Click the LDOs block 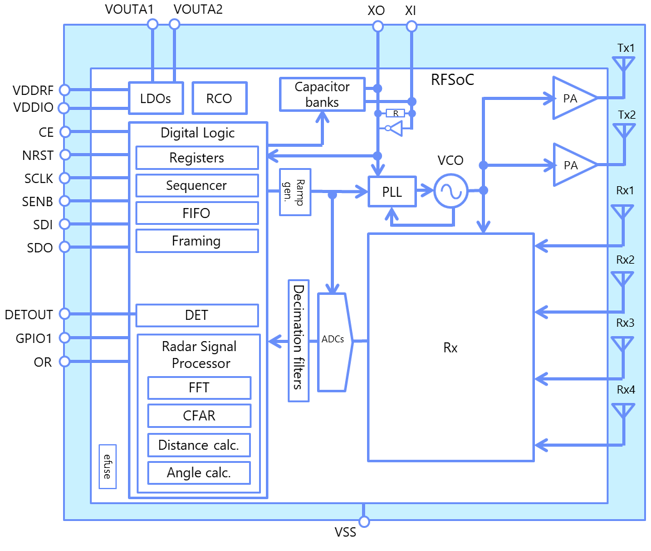tap(155, 98)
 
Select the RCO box tap(219, 98)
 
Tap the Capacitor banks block tap(322, 94)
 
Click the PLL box tap(392, 192)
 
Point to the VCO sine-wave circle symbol tap(451, 191)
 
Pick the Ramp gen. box tap(295, 192)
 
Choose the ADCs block tap(335, 342)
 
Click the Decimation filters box tap(298, 340)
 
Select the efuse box tap(107, 466)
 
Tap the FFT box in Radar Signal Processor tap(199, 388)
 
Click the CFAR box tap(199, 415)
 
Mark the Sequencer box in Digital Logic tap(197, 186)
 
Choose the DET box tap(197, 315)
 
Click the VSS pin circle tap(364, 522)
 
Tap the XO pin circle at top tap(378, 27)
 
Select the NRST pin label tap(38, 156)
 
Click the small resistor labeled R tap(395, 113)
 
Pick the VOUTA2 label tap(198, 9)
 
